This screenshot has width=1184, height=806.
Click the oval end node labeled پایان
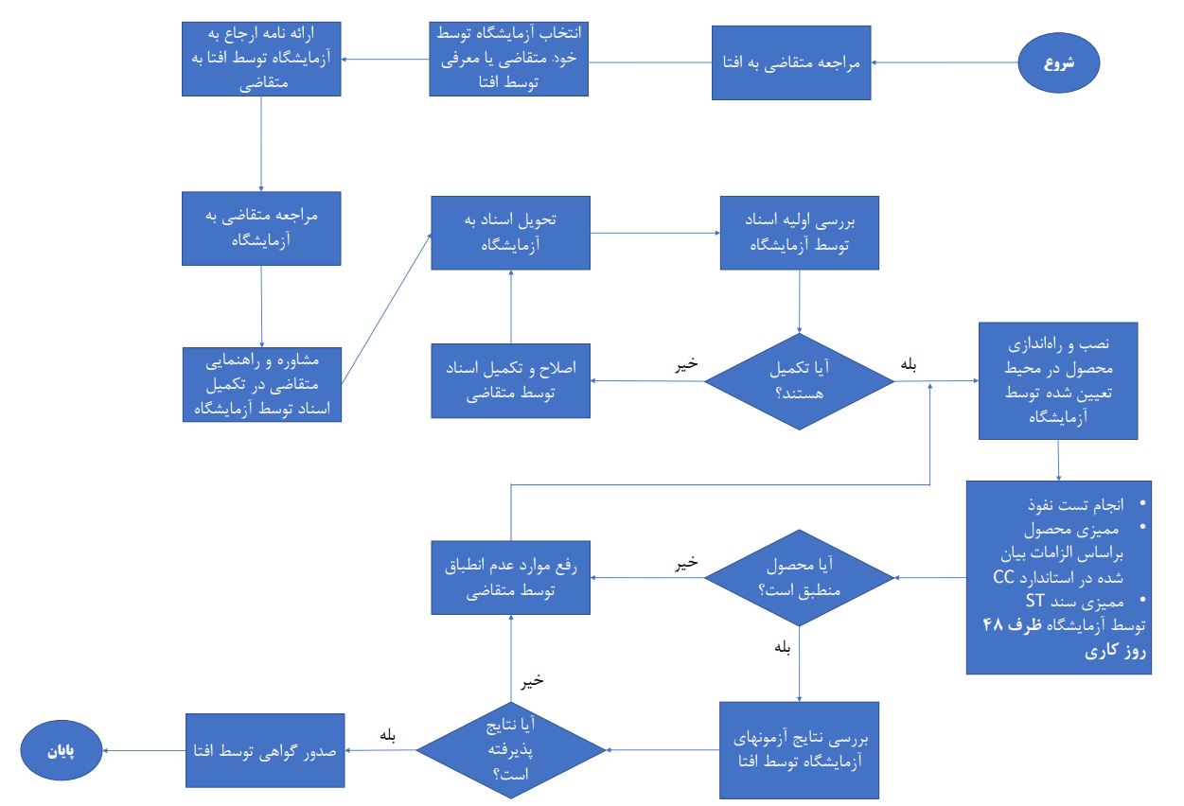coord(62,752)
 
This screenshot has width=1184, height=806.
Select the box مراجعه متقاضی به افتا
coord(791,63)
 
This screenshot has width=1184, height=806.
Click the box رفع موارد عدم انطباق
coord(511,577)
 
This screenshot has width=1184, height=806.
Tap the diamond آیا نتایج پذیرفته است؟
coord(511,750)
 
